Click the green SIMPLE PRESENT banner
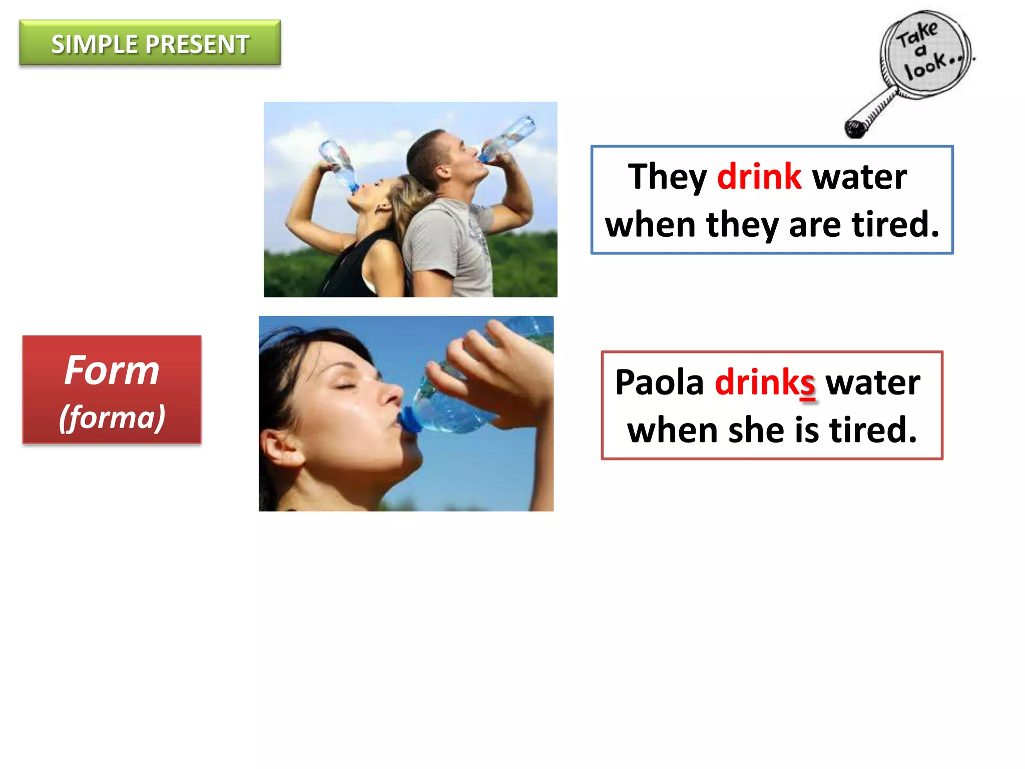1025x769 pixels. (150, 43)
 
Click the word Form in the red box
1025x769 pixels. (112, 370)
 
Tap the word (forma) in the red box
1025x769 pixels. (112, 417)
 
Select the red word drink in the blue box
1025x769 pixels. (759, 177)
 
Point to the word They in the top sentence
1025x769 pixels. (667, 178)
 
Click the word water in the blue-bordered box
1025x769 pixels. (859, 178)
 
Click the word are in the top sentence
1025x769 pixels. (815, 225)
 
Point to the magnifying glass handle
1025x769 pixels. (871, 113)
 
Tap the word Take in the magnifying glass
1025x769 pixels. (917, 34)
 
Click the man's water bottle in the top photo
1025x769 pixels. (508, 137)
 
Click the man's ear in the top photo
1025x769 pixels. (442, 171)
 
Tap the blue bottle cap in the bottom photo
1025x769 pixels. (409, 420)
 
